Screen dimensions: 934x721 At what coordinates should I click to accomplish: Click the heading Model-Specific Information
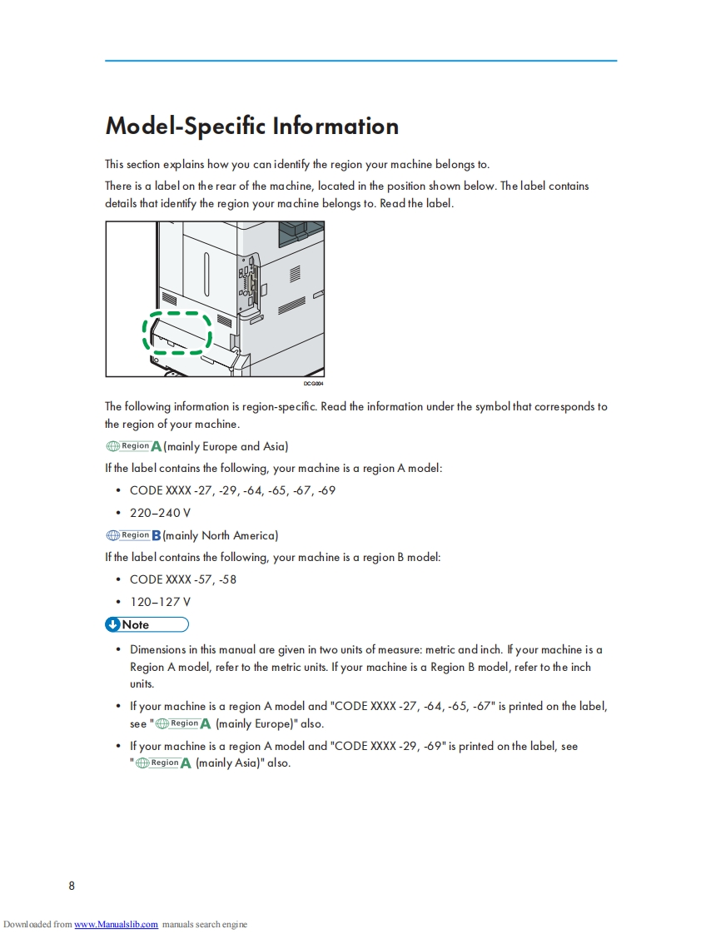(251, 126)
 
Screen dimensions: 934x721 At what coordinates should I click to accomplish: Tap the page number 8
(72, 886)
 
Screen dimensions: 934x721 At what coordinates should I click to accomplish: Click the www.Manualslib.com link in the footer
(116, 924)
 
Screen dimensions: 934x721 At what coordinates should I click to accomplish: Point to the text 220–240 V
(160, 513)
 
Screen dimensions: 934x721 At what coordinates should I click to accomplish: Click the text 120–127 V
(160, 602)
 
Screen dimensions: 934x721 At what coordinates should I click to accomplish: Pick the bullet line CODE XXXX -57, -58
(183, 579)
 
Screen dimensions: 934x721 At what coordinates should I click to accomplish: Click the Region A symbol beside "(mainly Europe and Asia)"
(133, 446)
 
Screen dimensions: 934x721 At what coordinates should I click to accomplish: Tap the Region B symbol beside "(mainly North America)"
(133, 535)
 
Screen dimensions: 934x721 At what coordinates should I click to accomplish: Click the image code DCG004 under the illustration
(313, 384)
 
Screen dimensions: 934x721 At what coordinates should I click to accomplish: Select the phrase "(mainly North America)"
(221, 535)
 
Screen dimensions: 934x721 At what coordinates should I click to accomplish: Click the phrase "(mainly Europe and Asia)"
(226, 446)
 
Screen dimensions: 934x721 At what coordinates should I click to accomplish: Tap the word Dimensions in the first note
(157, 649)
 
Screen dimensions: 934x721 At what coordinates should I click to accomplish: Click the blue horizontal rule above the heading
(360, 61)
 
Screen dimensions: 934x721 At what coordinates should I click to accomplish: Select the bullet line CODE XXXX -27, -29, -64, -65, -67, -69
(232, 490)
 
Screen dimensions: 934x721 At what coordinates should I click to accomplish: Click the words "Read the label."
(416, 203)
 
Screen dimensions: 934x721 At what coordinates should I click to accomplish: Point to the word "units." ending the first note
(142, 684)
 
